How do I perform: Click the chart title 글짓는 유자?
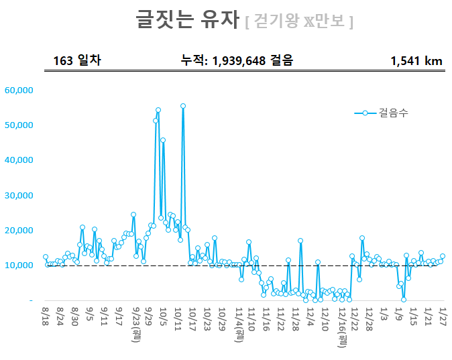coord(187,19)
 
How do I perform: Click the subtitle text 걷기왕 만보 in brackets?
coord(299,21)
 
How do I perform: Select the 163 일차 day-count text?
coord(77,61)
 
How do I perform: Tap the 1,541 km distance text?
coord(416,61)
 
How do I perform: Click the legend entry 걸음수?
coord(393,113)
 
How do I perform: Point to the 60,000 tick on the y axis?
coord(19,90)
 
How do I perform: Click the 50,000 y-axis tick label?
coord(19,125)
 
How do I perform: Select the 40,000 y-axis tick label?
coord(19,160)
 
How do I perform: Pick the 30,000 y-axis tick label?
coord(19,196)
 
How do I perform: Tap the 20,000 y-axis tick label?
coord(19,231)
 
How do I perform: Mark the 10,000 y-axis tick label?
coord(19,265)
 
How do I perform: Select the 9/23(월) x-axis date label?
coord(135,326)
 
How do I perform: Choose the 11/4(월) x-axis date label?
coord(238,324)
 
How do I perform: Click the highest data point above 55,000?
coord(183,106)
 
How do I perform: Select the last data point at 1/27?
coord(443,256)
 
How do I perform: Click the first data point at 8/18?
coord(46,257)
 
